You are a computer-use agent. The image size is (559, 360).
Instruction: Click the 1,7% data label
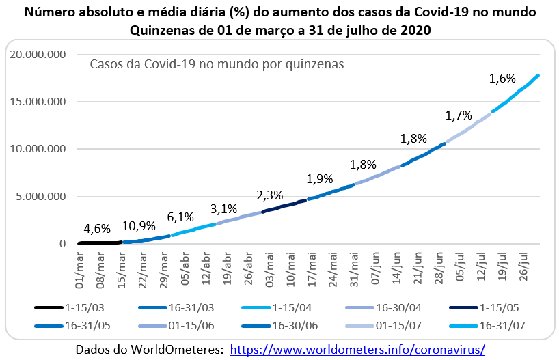459,115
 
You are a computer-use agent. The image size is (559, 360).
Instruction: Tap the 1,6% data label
502,79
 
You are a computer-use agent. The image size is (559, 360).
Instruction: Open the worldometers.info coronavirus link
357,349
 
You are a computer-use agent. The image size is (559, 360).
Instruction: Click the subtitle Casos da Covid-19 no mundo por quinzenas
217,63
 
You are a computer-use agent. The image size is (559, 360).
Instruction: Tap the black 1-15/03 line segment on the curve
99,243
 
